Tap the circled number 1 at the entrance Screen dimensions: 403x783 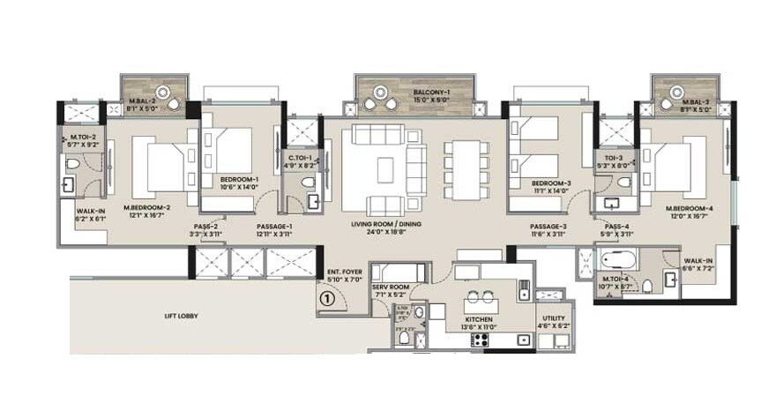[327, 298]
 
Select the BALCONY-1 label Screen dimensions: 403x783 [433, 92]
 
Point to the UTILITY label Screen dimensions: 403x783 [555, 318]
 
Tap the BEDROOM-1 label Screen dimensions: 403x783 [239, 179]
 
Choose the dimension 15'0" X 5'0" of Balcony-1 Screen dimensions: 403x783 [433, 100]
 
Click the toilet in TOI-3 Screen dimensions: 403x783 [624, 183]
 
